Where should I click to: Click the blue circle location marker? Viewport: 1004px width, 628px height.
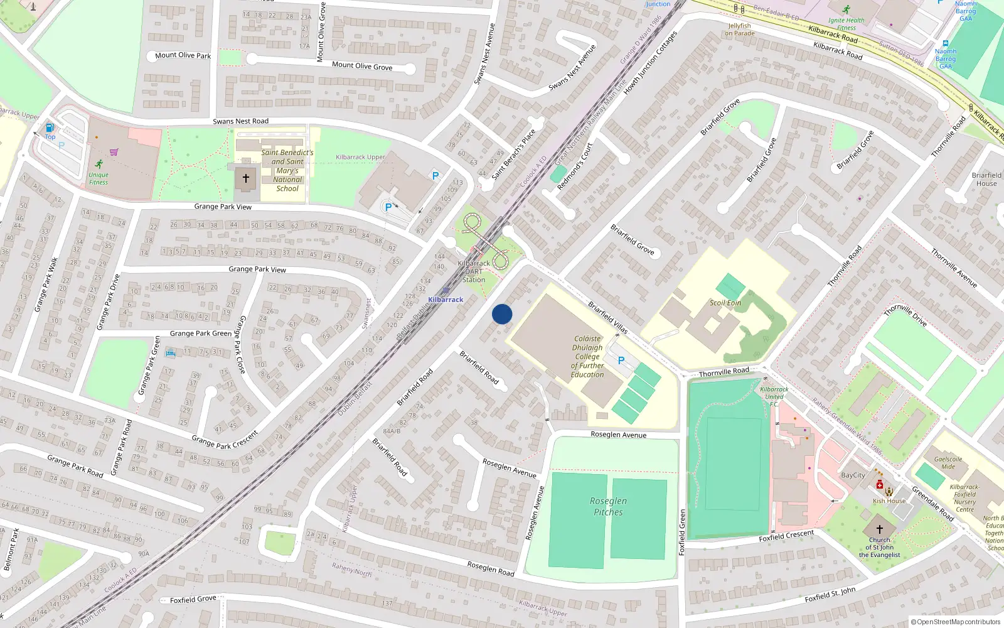point(502,314)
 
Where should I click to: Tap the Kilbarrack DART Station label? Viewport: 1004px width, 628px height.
point(474,272)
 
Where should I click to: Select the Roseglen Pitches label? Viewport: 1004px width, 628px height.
point(608,506)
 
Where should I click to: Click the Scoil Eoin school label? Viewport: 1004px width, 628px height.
point(725,303)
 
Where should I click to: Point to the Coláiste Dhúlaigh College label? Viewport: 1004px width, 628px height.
point(587,357)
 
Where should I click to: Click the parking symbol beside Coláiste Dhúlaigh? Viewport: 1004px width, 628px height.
point(621,360)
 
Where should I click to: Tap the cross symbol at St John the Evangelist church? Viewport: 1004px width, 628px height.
point(880,529)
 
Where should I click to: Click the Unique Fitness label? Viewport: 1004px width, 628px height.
point(99,178)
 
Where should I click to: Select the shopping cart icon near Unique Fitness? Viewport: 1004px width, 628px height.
point(114,152)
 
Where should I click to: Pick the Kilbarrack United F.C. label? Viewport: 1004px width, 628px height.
point(774,396)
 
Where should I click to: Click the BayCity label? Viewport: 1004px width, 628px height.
point(853,475)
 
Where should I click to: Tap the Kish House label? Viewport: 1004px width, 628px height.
point(889,501)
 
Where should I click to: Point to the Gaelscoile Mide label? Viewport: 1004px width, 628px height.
point(948,463)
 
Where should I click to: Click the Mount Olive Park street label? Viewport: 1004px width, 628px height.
point(183,55)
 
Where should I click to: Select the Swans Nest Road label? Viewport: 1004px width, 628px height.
point(240,121)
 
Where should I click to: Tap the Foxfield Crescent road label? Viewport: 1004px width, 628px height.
point(786,536)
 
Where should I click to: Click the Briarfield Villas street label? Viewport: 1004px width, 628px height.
point(607,318)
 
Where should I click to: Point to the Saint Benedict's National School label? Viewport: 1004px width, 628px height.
point(287,170)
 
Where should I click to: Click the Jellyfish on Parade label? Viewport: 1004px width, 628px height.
point(740,30)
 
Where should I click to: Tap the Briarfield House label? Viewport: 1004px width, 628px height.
point(986,180)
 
